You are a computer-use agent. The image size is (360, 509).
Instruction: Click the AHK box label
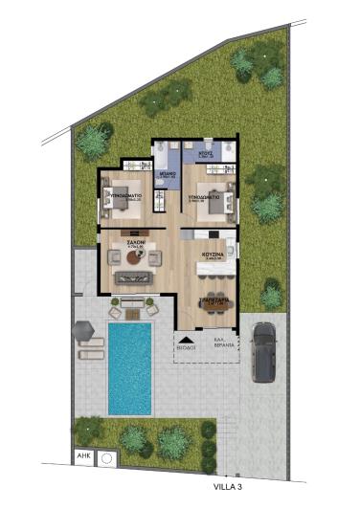(83, 457)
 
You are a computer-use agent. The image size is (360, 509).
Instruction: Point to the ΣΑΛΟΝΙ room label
(123, 244)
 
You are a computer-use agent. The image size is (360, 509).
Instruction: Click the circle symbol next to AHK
(105, 458)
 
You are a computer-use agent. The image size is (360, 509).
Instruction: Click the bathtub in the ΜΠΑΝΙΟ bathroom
(163, 200)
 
